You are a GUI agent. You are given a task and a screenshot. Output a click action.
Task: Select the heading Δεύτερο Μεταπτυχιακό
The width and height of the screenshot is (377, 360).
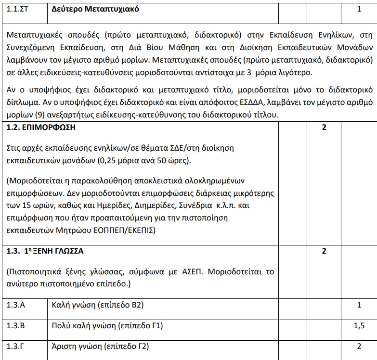pos(95,9)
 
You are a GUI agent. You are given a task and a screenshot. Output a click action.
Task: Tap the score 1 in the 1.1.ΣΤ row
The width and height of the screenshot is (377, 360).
pos(359,9)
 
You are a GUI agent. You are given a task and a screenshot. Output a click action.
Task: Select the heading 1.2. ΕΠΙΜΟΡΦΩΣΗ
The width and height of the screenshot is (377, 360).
pos(41,128)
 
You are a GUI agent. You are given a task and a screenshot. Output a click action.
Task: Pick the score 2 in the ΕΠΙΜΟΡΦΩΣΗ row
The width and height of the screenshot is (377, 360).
pos(324,128)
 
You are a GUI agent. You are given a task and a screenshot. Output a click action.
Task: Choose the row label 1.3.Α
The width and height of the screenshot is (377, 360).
pos(16,305)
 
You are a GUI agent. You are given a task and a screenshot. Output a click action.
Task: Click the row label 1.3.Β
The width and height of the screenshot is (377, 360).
pos(16,326)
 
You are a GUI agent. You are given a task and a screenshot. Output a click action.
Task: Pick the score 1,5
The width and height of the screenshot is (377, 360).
pos(359,326)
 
